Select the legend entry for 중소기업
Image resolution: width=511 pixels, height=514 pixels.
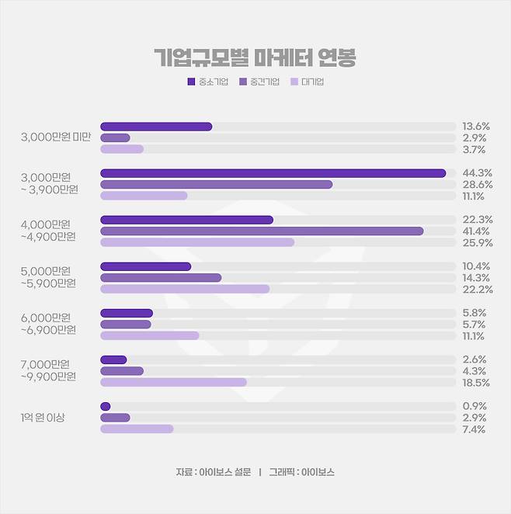click(x=207, y=81)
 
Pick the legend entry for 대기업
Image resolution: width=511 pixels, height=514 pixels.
click(x=307, y=81)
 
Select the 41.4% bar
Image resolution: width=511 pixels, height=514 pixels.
click(x=262, y=231)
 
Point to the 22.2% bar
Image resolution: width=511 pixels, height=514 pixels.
click(x=185, y=289)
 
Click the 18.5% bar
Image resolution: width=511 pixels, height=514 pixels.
click(x=173, y=382)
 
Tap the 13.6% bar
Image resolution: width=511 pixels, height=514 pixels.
click(x=156, y=127)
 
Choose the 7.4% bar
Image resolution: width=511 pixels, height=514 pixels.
click(x=137, y=429)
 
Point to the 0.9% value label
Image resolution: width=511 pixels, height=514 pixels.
click(x=474, y=406)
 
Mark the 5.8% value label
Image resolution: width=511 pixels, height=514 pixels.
click(x=474, y=313)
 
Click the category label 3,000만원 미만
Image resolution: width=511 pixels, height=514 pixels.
click(x=56, y=137)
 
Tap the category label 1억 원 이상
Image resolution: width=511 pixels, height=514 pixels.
click(x=43, y=418)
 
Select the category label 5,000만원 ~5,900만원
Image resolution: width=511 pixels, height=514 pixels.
click(x=48, y=277)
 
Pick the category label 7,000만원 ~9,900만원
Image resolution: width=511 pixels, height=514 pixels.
click(x=48, y=370)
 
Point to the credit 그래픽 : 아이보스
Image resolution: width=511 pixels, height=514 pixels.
click(x=302, y=472)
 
